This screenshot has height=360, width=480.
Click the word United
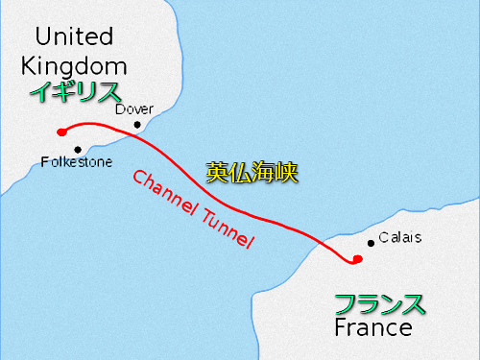pyautogui.click(x=74, y=38)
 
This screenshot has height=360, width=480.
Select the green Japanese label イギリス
pyautogui.click(x=75, y=92)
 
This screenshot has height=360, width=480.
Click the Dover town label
pyautogui.click(x=133, y=108)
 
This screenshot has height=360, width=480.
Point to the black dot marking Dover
pyautogui.click(x=138, y=124)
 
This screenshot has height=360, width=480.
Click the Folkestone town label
pyautogui.click(x=76, y=163)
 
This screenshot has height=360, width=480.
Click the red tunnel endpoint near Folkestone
pyautogui.click(x=60, y=132)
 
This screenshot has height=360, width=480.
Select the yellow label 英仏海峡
pyautogui.click(x=253, y=173)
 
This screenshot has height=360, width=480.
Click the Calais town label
pyautogui.click(x=399, y=236)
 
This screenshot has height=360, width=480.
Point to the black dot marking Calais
pyautogui.click(x=372, y=243)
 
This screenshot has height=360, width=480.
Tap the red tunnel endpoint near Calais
pyautogui.click(x=357, y=259)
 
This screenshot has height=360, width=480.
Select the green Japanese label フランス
pyautogui.click(x=379, y=305)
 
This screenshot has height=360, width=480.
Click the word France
pyautogui.click(x=373, y=329)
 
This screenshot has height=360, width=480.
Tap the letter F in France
pyautogui.click(x=341, y=329)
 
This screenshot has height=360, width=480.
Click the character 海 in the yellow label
pyautogui.click(x=264, y=173)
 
